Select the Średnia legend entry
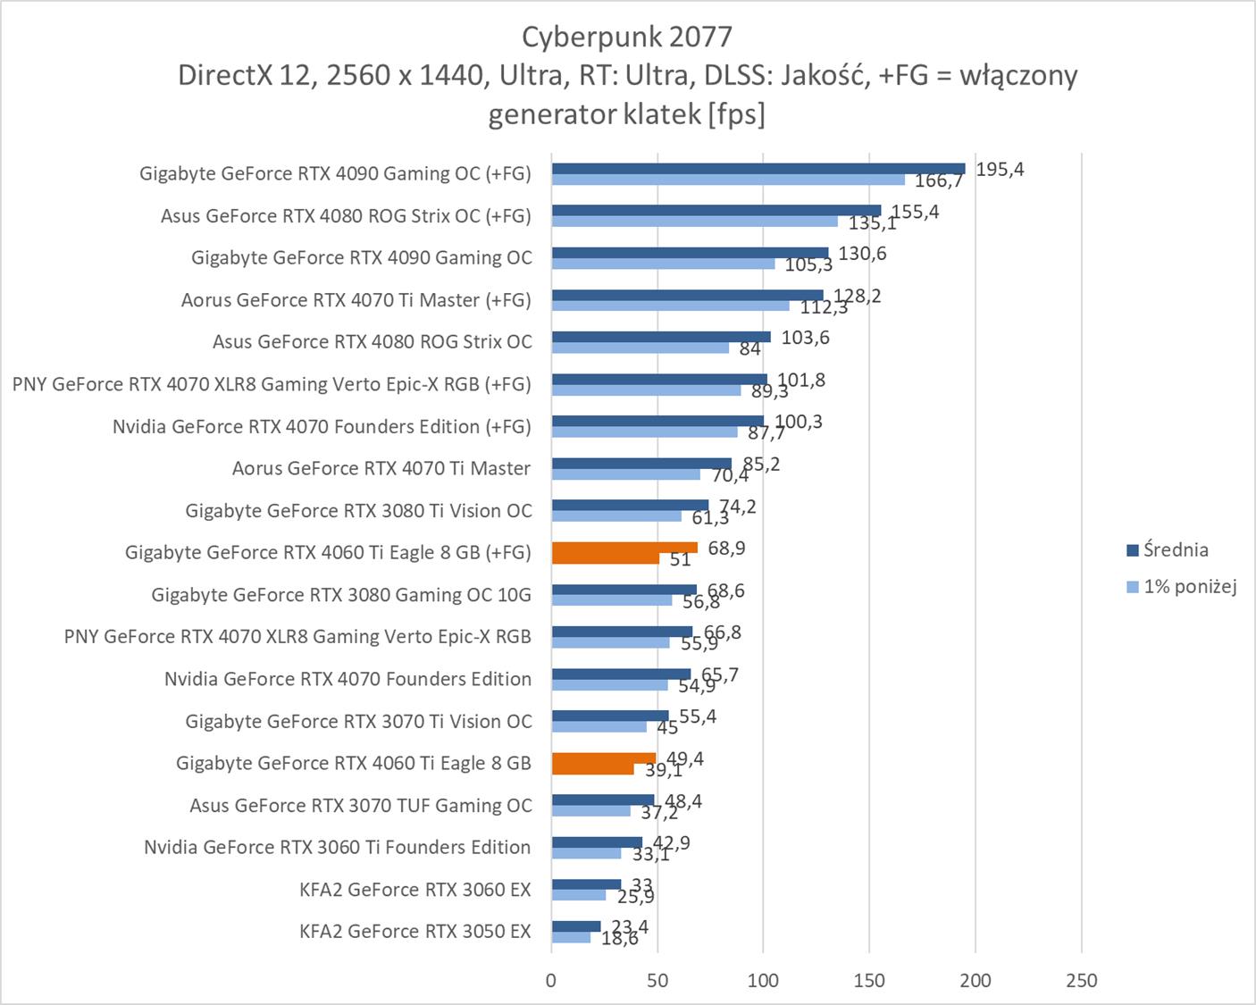1175,550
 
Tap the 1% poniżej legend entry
1189,587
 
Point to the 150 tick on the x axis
869,980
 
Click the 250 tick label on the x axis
1081,980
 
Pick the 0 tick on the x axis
551,980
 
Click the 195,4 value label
1000,170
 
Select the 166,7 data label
939,181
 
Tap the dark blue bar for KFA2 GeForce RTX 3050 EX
576,926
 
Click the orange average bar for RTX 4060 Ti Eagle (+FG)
624,548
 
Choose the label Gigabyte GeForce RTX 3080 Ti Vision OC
358,511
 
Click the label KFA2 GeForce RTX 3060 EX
415,890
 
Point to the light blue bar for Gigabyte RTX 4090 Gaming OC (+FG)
728,180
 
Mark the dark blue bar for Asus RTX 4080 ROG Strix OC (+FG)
716,211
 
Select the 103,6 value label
805,338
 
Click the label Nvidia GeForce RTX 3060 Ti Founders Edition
338,847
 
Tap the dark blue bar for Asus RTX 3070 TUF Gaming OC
603,800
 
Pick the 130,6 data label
862,254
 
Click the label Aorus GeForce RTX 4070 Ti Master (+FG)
356,300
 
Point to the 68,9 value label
726,548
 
